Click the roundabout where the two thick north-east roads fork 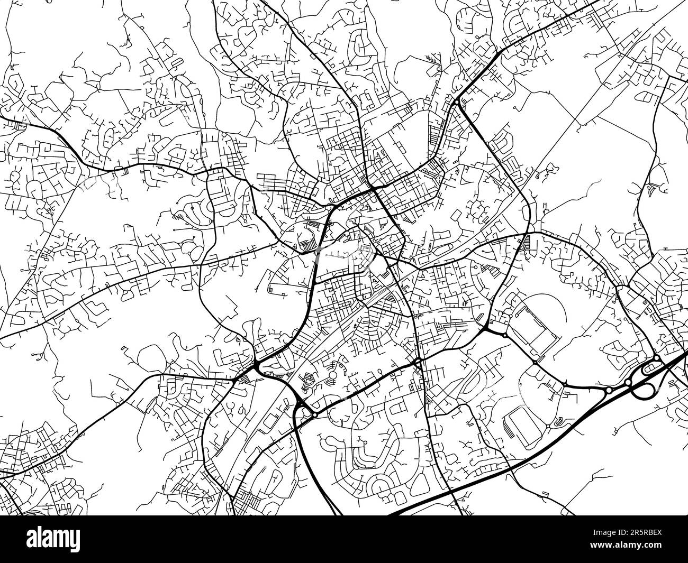click(456, 101)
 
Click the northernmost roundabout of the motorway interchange click(656, 358)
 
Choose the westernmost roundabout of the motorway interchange click(609, 390)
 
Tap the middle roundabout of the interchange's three click(628, 382)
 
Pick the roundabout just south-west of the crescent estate click(314, 415)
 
